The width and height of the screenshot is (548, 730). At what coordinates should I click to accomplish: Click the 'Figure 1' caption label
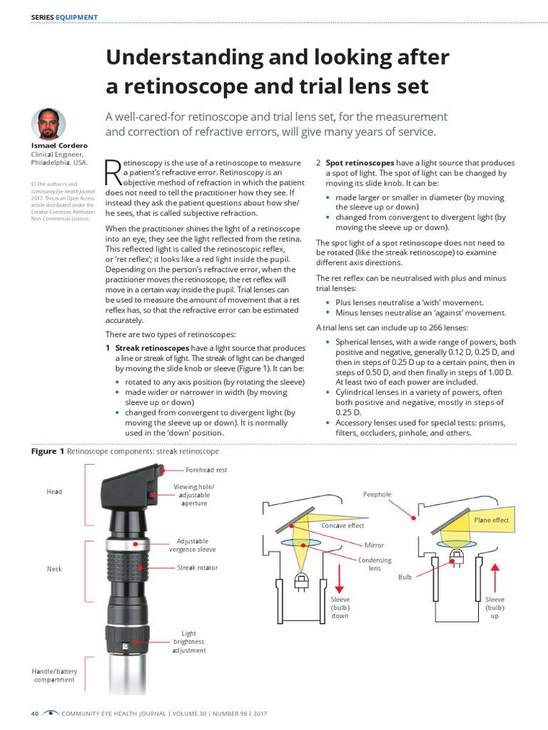pos(48,451)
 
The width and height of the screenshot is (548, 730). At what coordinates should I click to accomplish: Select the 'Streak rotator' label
pos(197,568)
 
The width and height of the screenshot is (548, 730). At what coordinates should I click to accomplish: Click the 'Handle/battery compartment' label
pos(54,675)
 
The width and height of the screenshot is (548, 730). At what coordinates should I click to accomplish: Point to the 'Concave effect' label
pos(342,525)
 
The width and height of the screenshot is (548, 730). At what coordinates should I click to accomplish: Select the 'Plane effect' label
pos(492,520)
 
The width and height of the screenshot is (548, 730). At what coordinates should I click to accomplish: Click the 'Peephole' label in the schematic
pos(377,494)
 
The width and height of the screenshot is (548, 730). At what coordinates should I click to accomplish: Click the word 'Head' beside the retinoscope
pos(54,492)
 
